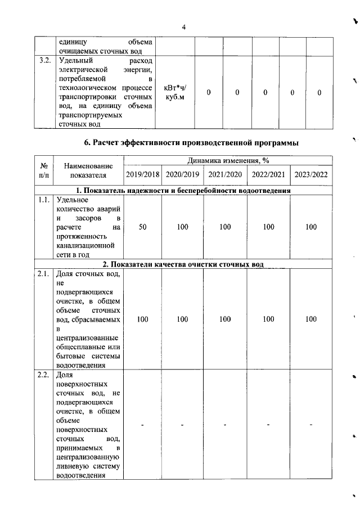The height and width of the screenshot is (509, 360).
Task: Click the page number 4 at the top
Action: [183, 27]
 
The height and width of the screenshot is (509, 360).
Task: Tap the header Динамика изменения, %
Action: [227, 161]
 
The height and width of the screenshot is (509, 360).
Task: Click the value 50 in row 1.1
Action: [142, 227]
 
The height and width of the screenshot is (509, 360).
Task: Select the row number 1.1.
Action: [44, 200]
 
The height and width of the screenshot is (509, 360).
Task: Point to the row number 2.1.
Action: [44, 274]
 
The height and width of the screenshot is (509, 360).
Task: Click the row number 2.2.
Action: [44, 375]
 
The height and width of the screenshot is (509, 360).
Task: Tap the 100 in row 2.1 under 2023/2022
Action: [311, 319]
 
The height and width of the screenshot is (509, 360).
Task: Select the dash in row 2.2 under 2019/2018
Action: [142, 424]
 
